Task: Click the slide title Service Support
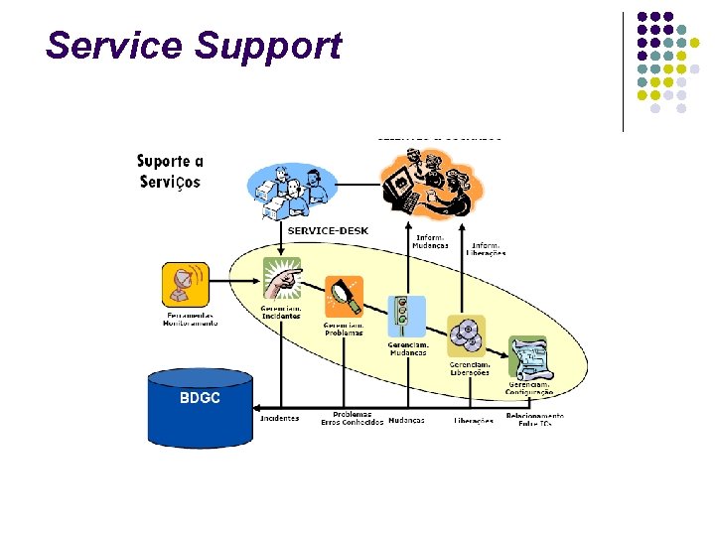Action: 193,46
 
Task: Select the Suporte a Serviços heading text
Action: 170,171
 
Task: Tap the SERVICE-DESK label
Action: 328,231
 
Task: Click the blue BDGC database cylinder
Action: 201,407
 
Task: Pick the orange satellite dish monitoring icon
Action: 186,284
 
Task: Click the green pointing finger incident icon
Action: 282,278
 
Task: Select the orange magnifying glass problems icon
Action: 344,296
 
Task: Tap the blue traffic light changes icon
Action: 406,317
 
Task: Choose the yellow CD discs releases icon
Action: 466,335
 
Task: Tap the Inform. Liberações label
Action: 487,248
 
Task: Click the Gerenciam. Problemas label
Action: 344,329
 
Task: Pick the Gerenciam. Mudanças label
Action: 407,348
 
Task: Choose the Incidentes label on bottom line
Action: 279,419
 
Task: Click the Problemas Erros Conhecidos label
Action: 352,418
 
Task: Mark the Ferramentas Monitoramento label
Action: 189,320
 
